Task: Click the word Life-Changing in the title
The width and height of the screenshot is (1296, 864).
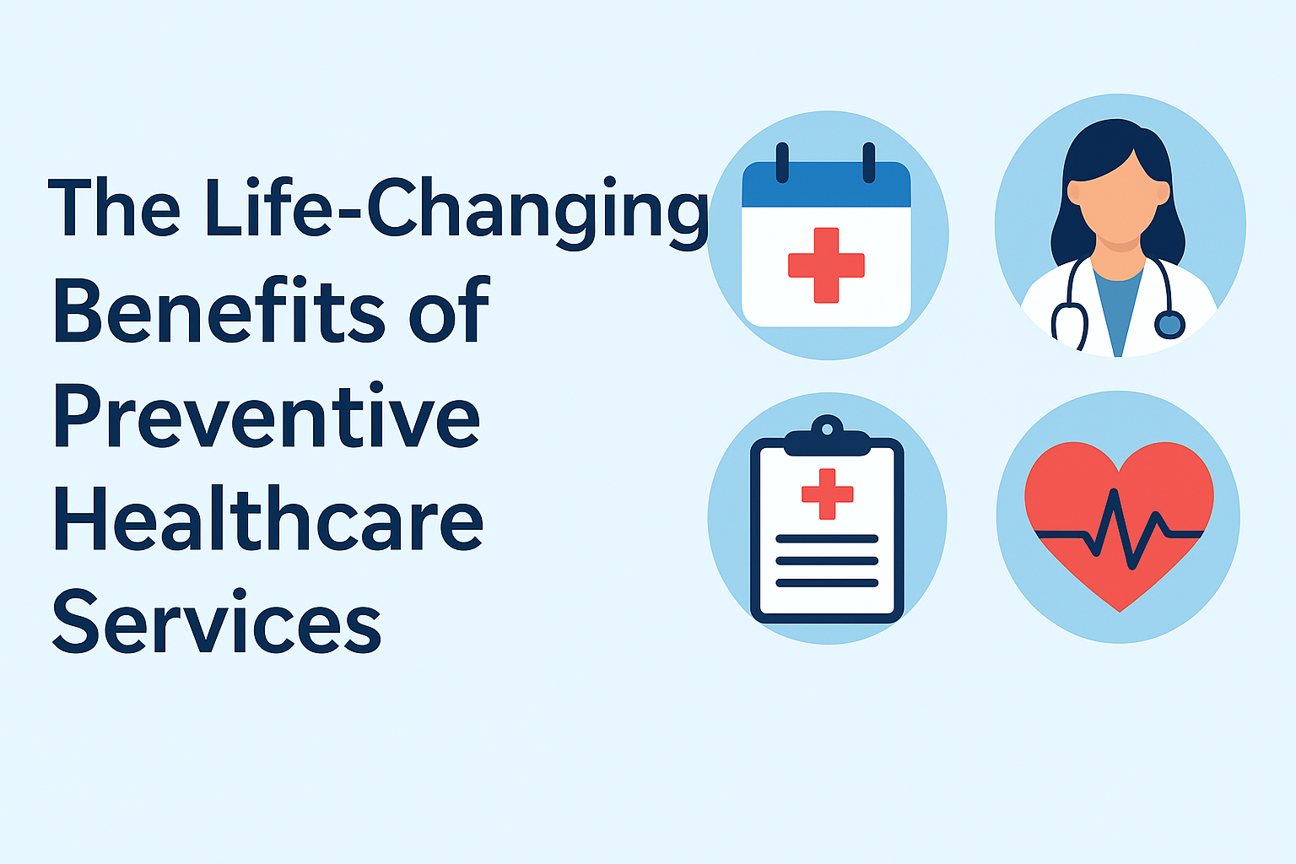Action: pos(456,209)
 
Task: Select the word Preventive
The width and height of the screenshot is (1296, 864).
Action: pos(267,417)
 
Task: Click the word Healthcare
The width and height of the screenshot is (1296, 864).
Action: pos(268,520)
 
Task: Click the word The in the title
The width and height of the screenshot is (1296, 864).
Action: pos(114,209)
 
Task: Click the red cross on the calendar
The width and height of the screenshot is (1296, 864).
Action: pos(826,265)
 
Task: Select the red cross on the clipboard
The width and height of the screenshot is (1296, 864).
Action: pos(827,494)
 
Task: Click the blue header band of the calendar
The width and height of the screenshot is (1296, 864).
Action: pos(826,186)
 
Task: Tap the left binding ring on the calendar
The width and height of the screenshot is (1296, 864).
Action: pos(782,162)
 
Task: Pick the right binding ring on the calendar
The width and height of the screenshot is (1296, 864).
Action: pos(868,162)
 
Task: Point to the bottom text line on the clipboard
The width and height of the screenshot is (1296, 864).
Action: pos(827,583)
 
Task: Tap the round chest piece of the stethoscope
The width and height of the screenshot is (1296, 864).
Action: pos(1169,324)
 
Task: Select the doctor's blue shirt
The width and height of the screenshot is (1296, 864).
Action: pos(1118,304)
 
